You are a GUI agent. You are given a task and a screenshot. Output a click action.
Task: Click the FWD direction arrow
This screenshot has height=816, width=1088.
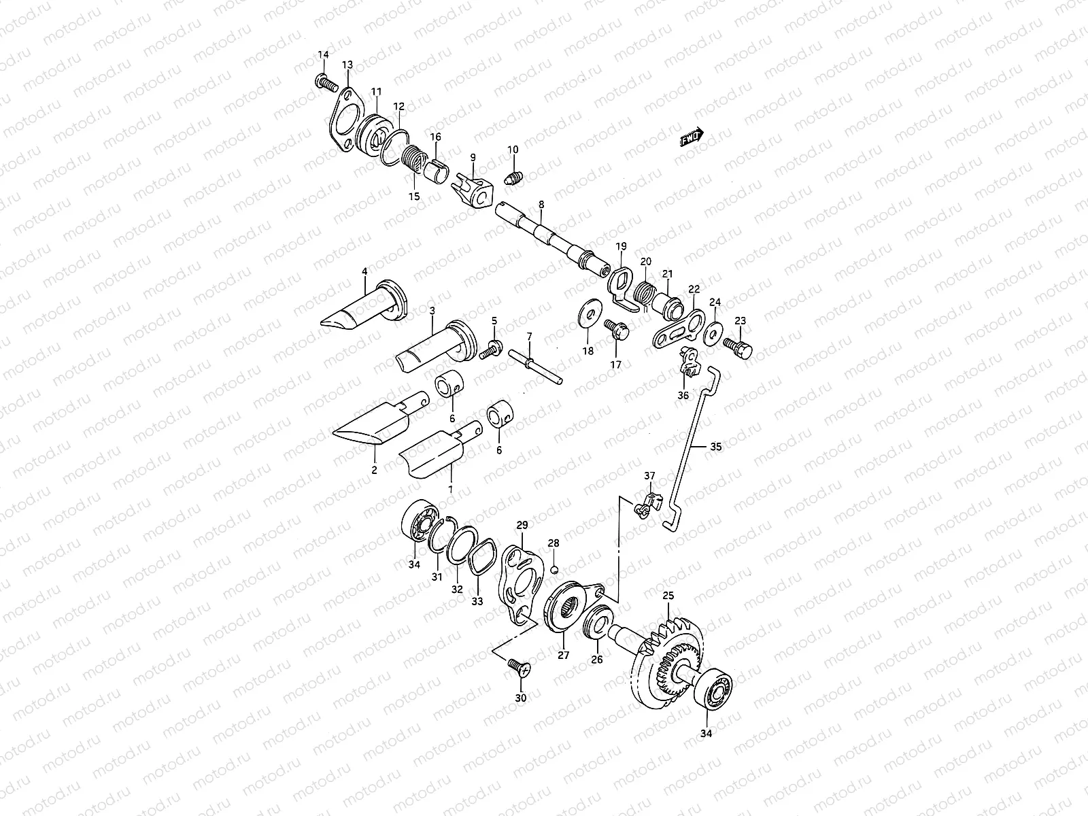pos(692,138)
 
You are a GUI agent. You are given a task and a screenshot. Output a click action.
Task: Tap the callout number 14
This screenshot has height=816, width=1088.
pos(323,54)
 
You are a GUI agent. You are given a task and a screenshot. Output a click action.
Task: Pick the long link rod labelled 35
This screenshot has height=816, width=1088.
pos(688,449)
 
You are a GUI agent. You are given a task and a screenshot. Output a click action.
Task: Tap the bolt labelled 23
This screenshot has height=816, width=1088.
pos(740,348)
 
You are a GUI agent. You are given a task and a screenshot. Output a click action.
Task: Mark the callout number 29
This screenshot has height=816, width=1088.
pos(522,525)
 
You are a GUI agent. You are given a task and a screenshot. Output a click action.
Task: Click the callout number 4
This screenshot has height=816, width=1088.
pos(364,271)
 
